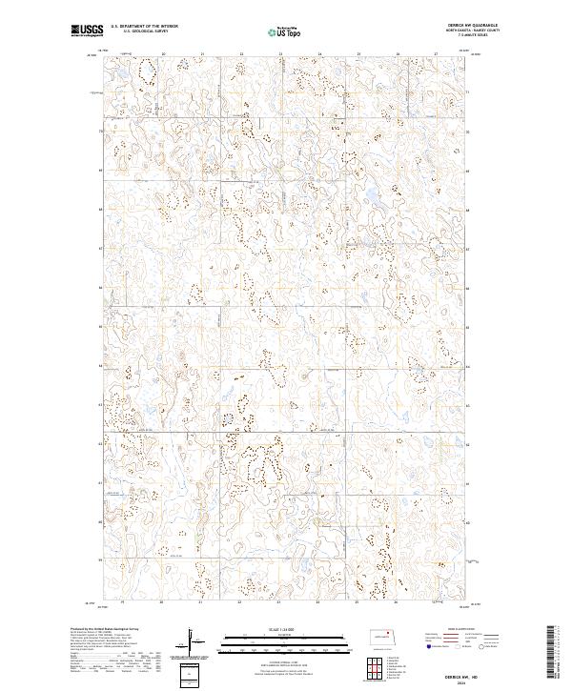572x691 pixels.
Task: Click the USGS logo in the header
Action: [86, 30]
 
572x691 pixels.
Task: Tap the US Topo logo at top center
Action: [283, 31]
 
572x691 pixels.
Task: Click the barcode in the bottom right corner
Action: [552, 658]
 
